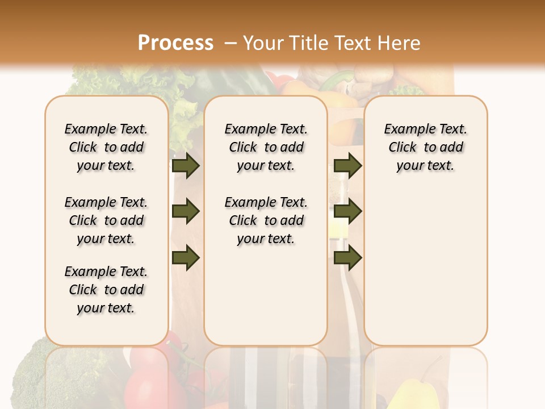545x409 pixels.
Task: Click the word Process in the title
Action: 175,43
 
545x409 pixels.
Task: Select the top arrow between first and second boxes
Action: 186,166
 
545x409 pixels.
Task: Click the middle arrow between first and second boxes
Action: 186,212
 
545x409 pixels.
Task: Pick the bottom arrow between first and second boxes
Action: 186,258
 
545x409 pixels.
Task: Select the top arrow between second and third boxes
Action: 347,166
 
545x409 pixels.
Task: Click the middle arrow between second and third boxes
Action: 347,212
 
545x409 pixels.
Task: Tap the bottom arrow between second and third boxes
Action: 347,258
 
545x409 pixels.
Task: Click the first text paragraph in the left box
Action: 106,147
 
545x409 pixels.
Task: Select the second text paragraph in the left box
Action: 106,220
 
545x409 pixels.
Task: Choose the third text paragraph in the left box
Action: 106,290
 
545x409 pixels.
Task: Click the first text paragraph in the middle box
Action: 266,147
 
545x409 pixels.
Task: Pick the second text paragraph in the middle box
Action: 266,220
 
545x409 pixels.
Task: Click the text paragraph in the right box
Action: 426,147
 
